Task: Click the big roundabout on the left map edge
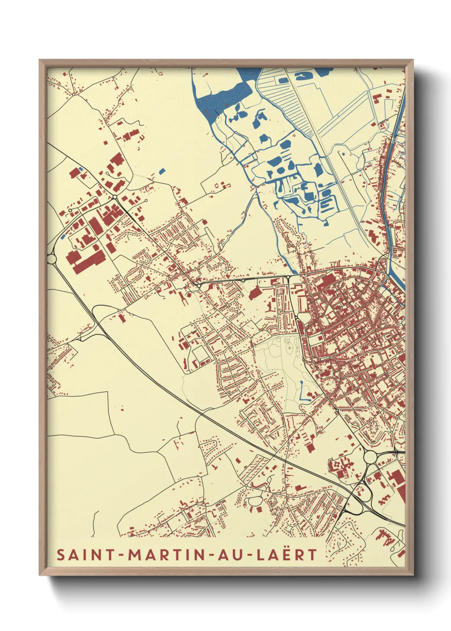point(52,259)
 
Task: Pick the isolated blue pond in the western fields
point(161,171)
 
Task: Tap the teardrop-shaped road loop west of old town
point(304,318)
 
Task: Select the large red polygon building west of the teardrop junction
point(255,292)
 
